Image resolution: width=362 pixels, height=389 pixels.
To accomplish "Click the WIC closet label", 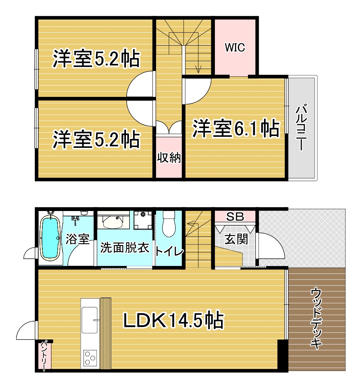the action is pyautogui.click(x=235, y=47).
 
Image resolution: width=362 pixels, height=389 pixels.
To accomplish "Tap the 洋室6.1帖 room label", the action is pyautogui.click(x=236, y=128).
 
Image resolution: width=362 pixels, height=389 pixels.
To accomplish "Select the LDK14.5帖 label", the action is pyautogui.click(x=174, y=320).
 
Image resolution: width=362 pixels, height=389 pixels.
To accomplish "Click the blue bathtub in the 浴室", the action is pyautogui.click(x=50, y=238).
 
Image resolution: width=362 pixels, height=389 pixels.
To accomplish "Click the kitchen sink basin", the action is pyautogui.click(x=89, y=320).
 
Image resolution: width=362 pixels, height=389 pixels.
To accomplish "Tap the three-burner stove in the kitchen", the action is pyautogui.click(x=89, y=358).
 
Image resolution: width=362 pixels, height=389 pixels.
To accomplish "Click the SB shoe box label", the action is pyautogui.click(x=235, y=217).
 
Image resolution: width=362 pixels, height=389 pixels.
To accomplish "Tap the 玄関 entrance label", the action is pyautogui.click(x=236, y=239).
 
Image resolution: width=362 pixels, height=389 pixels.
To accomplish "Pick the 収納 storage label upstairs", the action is pyautogui.click(x=169, y=158).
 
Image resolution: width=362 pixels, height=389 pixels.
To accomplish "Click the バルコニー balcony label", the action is pyautogui.click(x=301, y=128).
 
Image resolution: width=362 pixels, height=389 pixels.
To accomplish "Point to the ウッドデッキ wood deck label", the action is pyautogui.click(x=316, y=318).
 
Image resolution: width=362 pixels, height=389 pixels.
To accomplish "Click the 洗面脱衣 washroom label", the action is pyautogui.click(x=124, y=248).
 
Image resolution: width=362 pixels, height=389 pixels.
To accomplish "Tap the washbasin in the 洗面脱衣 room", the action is pyautogui.click(x=113, y=221).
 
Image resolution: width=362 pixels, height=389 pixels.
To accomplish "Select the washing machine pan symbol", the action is pyautogui.click(x=143, y=220).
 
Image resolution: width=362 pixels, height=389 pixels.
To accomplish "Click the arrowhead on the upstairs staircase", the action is pyautogui.click(x=198, y=69).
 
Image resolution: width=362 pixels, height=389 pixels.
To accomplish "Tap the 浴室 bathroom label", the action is pyautogui.click(x=77, y=239).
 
